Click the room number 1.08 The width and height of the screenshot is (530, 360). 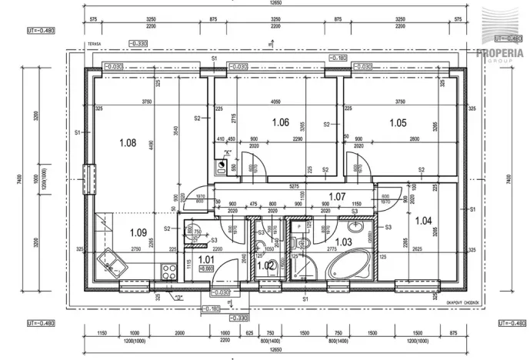click(x=128, y=142)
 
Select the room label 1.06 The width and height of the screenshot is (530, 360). click(x=280, y=122)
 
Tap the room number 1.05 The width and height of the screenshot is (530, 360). click(x=397, y=122)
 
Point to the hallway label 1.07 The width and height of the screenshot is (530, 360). click(x=337, y=197)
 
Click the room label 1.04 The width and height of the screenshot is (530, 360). click(x=423, y=221)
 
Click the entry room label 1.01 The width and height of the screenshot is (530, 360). click(x=206, y=260)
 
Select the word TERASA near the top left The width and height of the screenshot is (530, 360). click(x=95, y=45)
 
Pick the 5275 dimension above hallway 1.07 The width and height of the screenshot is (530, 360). click(x=294, y=185)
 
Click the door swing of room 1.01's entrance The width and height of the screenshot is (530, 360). click(x=227, y=268)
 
